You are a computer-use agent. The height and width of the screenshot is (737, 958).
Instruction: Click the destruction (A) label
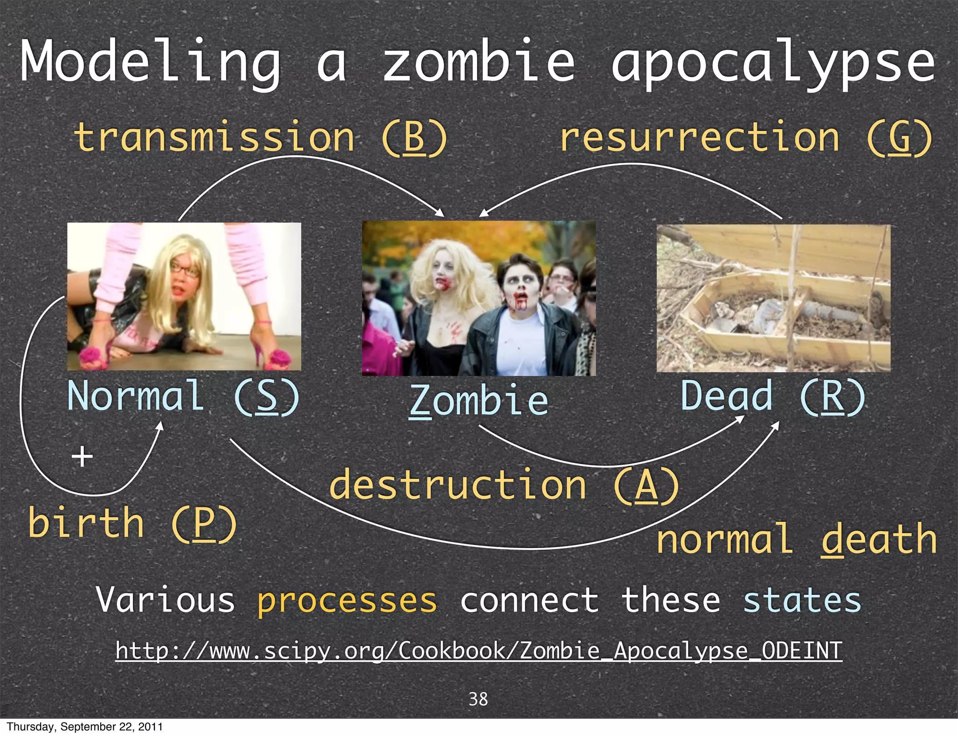click(x=504, y=485)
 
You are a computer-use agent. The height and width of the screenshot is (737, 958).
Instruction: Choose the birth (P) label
click(x=132, y=523)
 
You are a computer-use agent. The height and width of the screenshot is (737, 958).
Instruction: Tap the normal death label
click(x=796, y=539)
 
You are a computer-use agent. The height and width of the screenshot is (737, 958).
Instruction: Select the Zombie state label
click(x=479, y=400)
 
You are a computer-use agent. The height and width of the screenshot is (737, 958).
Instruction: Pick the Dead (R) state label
click(x=773, y=396)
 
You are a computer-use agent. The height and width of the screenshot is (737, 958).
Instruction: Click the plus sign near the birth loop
click(x=82, y=456)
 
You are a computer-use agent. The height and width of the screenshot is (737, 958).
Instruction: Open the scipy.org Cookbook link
click(x=479, y=650)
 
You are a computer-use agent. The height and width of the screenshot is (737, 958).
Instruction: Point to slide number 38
click(x=478, y=699)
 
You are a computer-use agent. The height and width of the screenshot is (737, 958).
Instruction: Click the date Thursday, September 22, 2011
click(x=85, y=727)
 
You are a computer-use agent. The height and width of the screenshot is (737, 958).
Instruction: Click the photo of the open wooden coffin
click(x=773, y=298)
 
